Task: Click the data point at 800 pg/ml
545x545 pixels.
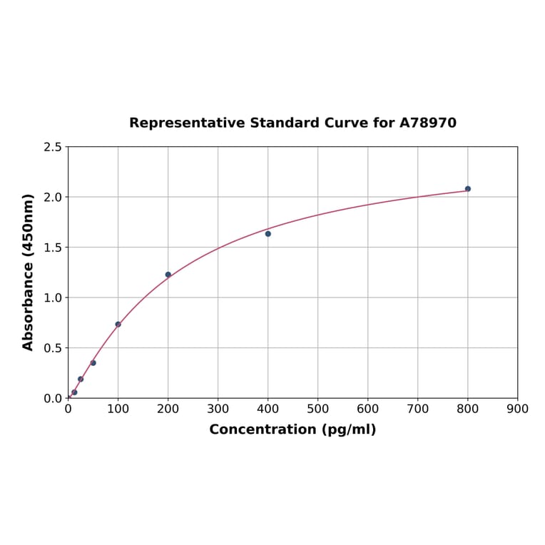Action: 468,189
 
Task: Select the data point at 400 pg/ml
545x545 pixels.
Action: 268,234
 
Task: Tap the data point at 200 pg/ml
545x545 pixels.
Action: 168,275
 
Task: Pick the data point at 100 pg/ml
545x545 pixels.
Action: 118,325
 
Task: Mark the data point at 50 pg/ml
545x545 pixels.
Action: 93,363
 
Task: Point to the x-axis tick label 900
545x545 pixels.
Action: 517,409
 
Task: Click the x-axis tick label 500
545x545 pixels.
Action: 318,409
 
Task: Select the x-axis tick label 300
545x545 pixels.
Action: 218,409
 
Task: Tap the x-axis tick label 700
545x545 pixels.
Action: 418,409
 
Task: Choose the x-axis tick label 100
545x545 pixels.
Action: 118,409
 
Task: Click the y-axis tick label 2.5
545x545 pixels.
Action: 53,147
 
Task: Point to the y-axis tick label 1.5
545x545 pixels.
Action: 53,248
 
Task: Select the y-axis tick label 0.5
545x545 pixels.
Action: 53,348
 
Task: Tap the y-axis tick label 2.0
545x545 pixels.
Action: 53,197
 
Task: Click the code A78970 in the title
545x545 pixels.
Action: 427,123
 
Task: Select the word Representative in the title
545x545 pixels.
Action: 187,123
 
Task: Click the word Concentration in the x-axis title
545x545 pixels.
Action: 262,429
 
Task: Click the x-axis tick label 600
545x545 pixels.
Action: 368,409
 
